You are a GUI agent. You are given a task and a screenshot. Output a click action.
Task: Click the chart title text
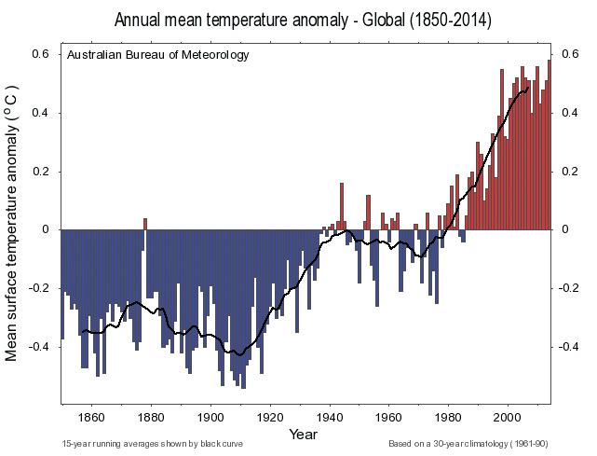coord(303,20)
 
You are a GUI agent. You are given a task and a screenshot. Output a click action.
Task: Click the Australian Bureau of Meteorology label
coord(158,55)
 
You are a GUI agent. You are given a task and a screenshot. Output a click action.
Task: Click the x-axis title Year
coord(304,434)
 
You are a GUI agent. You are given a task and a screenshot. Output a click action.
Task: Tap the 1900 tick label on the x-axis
coord(210,416)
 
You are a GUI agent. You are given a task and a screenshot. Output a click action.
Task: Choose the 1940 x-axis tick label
coord(329,416)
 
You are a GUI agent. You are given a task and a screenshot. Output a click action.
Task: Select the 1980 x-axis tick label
coord(448,416)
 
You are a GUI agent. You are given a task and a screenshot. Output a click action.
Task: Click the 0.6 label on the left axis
coord(41,55)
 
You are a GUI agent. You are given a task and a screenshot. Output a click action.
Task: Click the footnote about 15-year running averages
coord(152,444)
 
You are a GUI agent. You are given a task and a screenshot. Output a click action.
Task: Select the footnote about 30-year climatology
coord(468,444)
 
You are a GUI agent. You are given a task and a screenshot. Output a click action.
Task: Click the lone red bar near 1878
coord(144,224)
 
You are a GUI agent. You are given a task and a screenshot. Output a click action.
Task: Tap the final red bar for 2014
coord(550,145)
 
